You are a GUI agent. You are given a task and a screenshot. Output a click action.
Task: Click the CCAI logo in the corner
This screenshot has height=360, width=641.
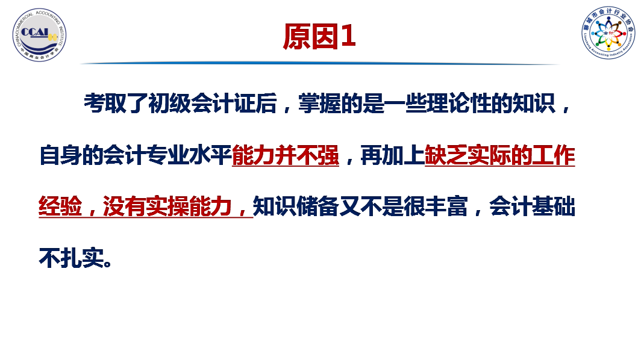pos(39,35)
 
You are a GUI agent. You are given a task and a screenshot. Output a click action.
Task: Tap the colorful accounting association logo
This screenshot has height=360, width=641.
pos(608,33)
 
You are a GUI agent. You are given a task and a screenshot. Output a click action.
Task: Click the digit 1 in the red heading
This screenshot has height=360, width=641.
pos(348,36)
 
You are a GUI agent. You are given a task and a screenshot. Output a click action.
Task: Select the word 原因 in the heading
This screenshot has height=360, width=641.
pos(311,36)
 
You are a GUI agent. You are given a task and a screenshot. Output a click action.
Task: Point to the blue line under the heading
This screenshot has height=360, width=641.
pos(320,63)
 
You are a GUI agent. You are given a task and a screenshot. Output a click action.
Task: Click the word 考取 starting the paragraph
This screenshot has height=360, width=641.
pos(105,104)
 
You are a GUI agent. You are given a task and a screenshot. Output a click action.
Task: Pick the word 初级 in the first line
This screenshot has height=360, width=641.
pos(169,104)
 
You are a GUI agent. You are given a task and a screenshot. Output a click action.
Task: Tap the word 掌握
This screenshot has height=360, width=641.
pos(320,104)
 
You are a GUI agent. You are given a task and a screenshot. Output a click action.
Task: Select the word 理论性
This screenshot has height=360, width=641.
pos(458,104)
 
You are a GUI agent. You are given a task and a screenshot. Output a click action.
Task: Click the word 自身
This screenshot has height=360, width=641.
pos(60,155)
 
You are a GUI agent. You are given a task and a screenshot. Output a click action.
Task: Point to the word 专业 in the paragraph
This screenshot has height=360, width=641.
pos(167,155)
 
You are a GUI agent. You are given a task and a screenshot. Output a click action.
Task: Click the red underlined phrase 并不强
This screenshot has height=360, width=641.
pos(307,155)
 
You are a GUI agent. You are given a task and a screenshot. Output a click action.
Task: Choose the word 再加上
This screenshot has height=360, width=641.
pos(392,155)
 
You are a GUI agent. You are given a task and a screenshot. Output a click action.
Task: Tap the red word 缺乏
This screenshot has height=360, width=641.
pos(446,155)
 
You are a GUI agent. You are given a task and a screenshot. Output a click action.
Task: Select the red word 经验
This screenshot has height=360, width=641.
pos(60,206)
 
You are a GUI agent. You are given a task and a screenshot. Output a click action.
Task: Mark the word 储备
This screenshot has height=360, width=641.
pos(317,206)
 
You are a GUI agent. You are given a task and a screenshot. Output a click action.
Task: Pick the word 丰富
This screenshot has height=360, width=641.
pos(446,206)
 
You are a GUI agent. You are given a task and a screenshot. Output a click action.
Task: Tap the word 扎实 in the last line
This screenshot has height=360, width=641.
pos(82,258)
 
